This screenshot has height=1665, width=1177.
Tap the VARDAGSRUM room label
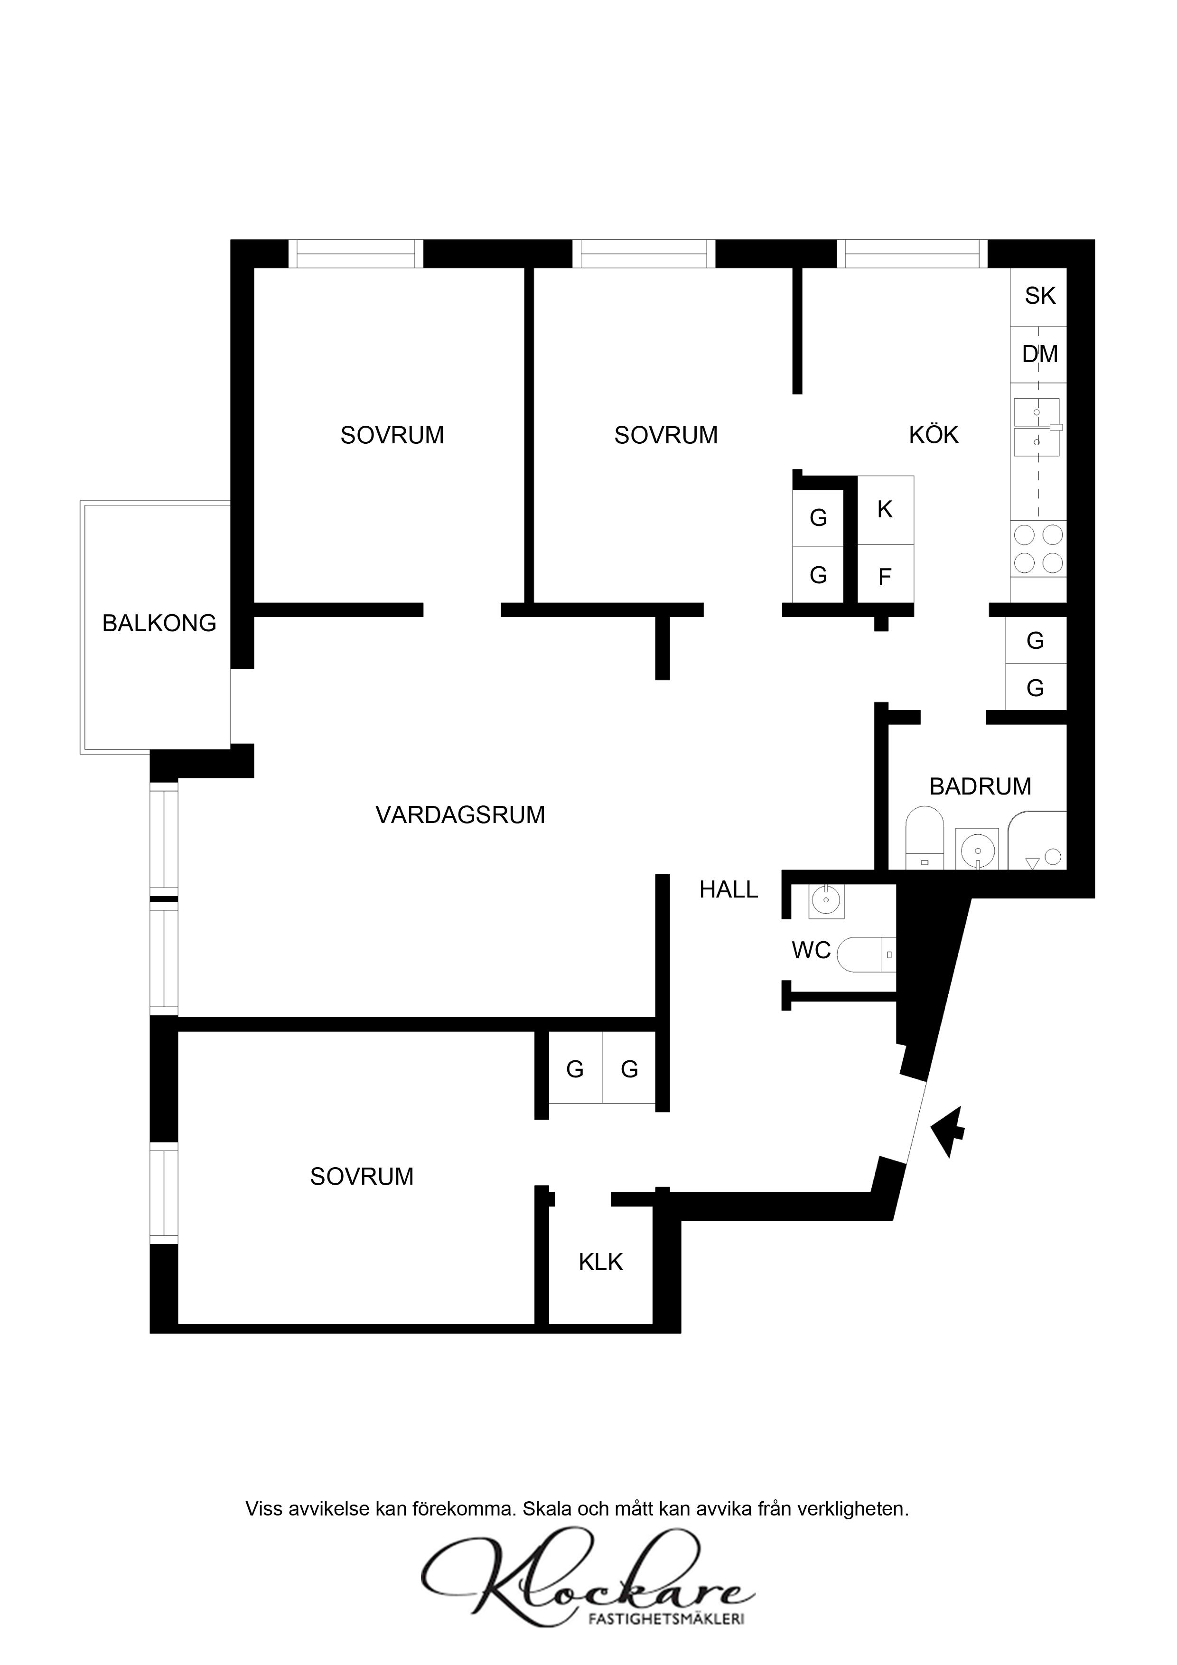pyautogui.click(x=460, y=814)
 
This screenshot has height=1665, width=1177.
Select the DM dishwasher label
pyautogui.click(x=1039, y=354)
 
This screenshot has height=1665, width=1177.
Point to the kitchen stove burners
pyautogui.click(x=1038, y=549)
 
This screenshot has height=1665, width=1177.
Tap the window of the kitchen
pyautogui.click(x=912, y=254)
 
